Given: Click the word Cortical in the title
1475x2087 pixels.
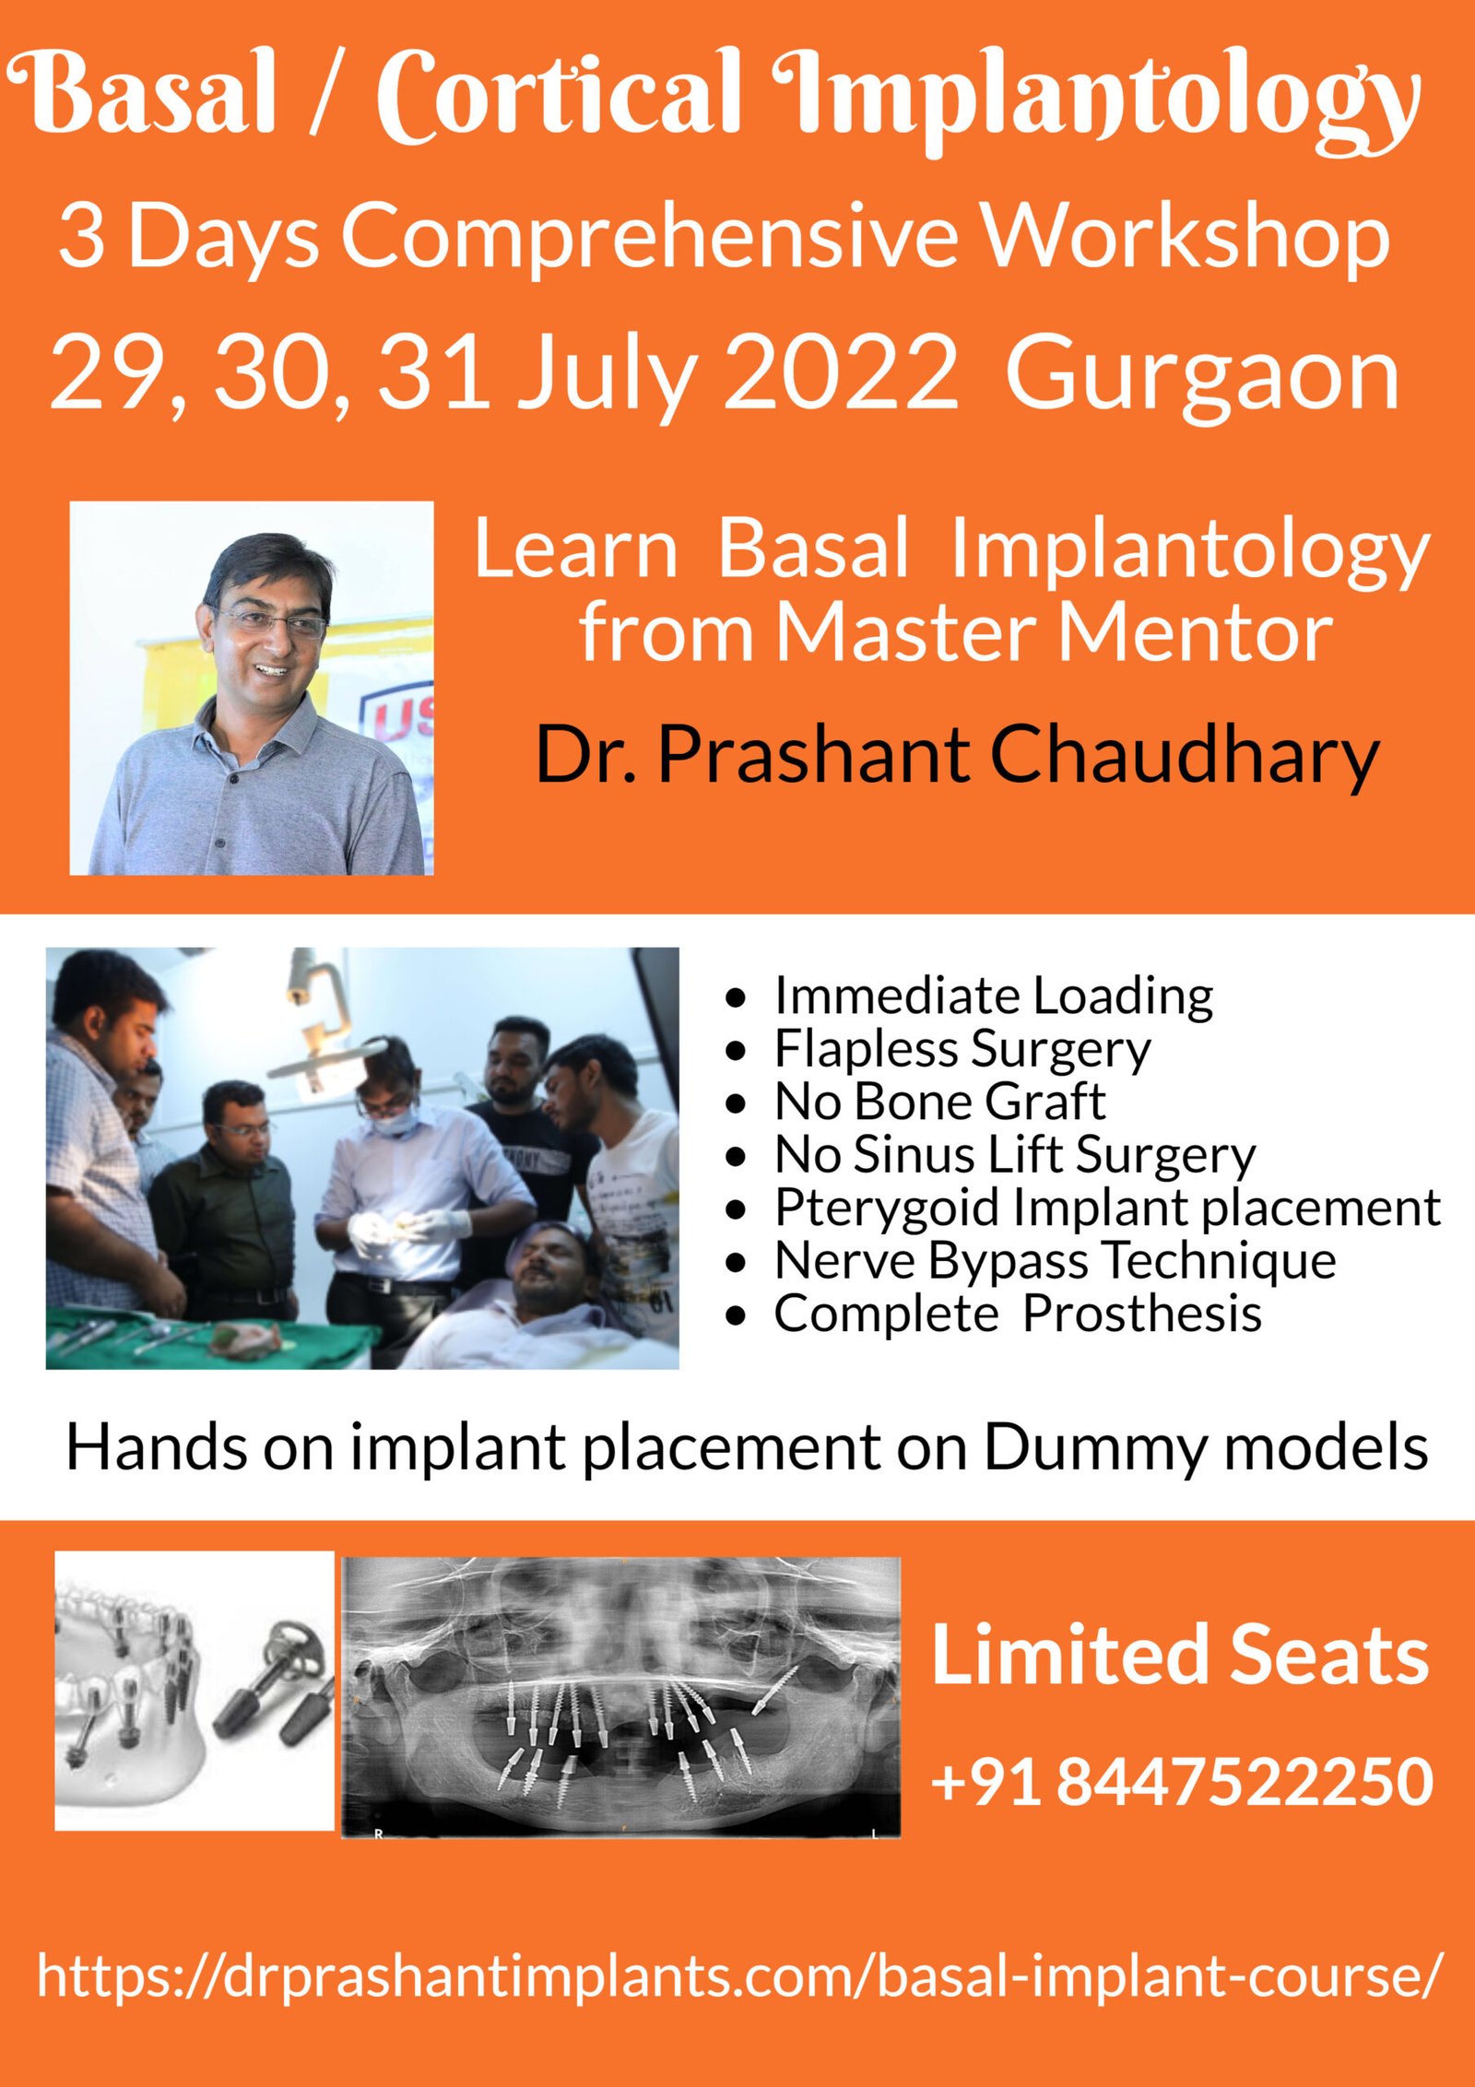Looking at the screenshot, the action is click(559, 95).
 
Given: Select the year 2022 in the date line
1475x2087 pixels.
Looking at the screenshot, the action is click(841, 372).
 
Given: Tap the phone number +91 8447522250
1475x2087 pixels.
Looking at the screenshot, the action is click(1182, 1782).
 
